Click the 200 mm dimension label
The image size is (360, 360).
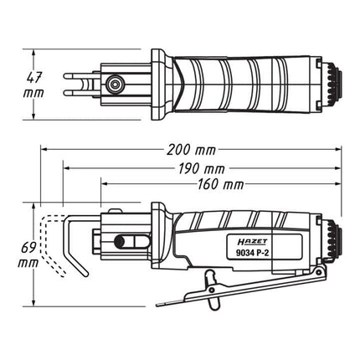coord(191,151)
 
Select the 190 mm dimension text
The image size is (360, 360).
coord(203,168)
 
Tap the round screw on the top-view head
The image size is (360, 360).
coord(113,84)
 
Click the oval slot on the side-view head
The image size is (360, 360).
coord(123,241)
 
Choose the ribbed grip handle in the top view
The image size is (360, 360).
coord(243,84)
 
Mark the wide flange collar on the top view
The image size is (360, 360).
coord(157,84)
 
